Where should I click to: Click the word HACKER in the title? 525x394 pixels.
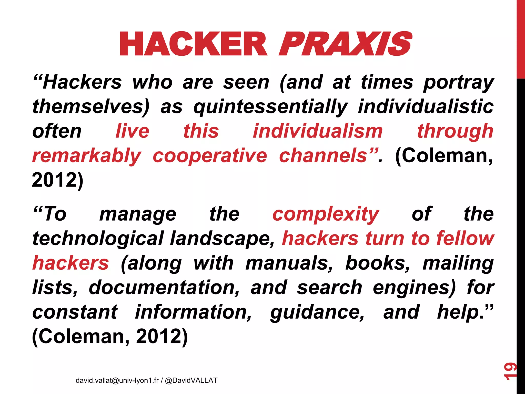pos(194,44)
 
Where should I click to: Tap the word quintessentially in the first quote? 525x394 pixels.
pos(270,107)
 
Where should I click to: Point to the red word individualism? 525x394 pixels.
pos(318,131)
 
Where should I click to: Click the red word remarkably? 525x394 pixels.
pos(87,156)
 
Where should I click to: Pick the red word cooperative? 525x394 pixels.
pos(210,156)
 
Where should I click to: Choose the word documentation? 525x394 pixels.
pos(164,287)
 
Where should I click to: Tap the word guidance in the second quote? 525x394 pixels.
pos(317,312)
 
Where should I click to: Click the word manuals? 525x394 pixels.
pos(289,263)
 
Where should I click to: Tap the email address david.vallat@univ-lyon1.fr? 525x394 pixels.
pos(117,380)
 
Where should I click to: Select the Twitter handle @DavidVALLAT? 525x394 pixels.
pos(191,380)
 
